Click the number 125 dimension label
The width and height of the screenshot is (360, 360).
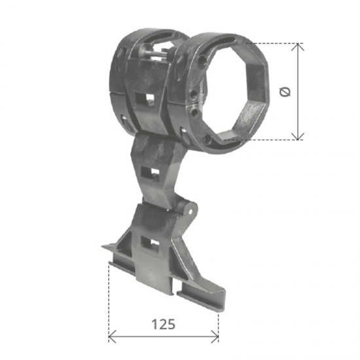(x=163, y=324)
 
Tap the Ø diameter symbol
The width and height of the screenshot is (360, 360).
(x=285, y=92)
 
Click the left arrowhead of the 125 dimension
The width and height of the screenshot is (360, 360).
(x=111, y=337)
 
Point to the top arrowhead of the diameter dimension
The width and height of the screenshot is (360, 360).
(x=298, y=46)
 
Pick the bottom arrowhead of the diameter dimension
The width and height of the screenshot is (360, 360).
(x=298, y=136)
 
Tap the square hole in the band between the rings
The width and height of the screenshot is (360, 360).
(x=144, y=98)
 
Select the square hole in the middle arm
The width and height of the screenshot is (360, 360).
(x=149, y=172)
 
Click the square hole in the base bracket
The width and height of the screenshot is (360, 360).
(x=150, y=243)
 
